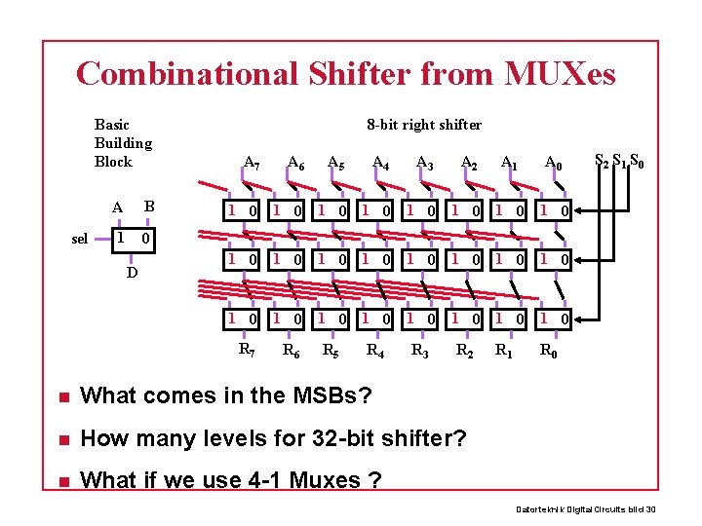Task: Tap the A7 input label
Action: [x=252, y=163]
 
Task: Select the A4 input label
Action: [x=381, y=163]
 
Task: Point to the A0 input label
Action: [x=553, y=163]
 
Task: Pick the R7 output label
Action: [x=248, y=349]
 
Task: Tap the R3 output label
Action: [x=420, y=349]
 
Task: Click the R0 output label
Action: [x=549, y=349]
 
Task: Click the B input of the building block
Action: [x=149, y=206]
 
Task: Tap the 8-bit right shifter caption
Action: [x=424, y=124]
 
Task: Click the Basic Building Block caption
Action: [x=123, y=142]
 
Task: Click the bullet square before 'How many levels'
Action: [x=61, y=438]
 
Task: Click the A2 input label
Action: [x=469, y=163]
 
